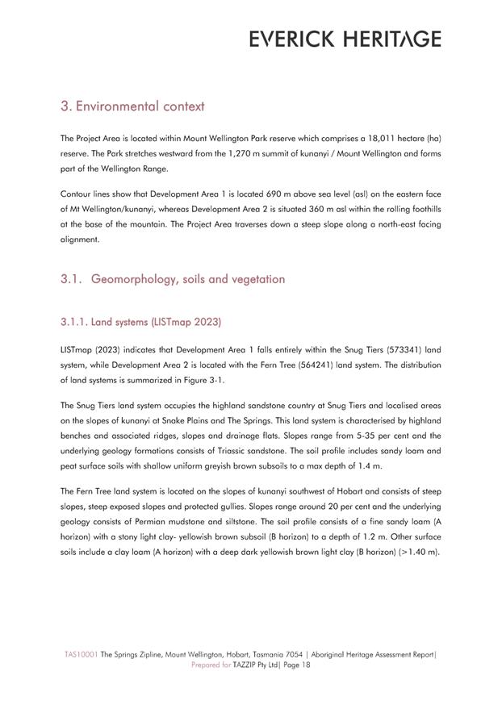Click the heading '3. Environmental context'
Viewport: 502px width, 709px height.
[x=132, y=106]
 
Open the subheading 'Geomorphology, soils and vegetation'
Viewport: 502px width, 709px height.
[x=188, y=279]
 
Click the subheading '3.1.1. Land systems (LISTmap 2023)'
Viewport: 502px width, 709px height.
[x=140, y=322]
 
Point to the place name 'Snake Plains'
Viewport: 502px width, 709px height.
[x=214, y=420]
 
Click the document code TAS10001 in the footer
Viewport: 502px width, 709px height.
[x=82, y=655]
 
